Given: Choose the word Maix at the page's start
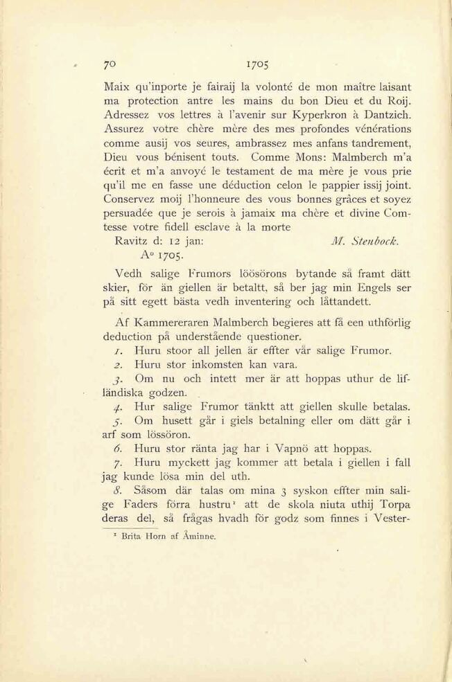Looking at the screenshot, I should (116, 87).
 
